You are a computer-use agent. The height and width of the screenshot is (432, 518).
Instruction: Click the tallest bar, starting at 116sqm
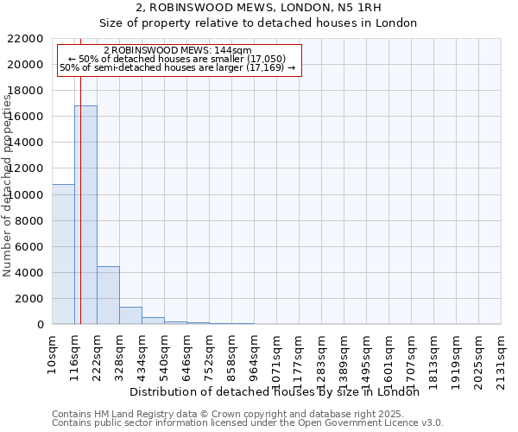[x=85, y=215]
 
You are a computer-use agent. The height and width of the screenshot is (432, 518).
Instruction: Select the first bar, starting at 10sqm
[x=63, y=254]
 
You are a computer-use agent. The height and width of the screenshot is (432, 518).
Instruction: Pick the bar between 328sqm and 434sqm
[x=130, y=315]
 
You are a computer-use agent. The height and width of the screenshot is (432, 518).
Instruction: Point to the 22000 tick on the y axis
[x=27, y=39]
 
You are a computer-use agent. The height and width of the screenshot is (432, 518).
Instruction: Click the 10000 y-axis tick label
[x=27, y=195]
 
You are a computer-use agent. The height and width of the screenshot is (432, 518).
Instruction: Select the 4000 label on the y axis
[x=30, y=273]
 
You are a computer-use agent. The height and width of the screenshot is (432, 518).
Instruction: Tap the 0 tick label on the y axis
[x=41, y=325]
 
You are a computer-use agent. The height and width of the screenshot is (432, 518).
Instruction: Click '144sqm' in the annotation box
[x=233, y=51]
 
